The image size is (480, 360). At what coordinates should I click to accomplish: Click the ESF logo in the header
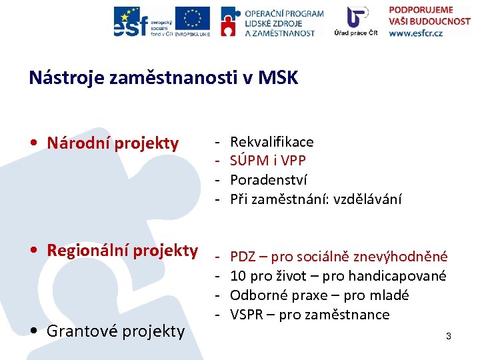[x=142, y=21]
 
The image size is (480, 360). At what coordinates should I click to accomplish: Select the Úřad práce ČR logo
[x=361, y=21]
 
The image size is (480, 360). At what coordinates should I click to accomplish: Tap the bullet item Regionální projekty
[x=122, y=251]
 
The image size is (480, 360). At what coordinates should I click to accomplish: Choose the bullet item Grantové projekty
[x=115, y=331]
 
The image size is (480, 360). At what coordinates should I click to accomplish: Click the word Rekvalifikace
[x=271, y=142]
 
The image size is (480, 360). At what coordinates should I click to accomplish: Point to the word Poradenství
[x=269, y=180]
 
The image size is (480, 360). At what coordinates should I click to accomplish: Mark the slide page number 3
[x=449, y=337]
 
